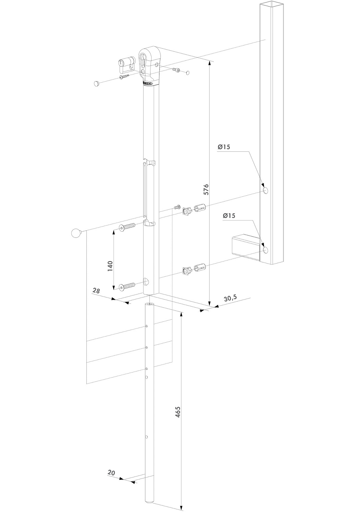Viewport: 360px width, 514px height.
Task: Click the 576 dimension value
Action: pyautogui.click(x=206, y=189)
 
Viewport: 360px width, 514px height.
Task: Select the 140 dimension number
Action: pyautogui.click(x=110, y=266)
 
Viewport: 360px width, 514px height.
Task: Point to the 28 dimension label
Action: pyautogui.click(x=96, y=291)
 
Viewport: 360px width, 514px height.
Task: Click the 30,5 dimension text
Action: pyautogui.click(x=230, y=298)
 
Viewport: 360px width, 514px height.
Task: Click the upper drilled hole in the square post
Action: pyautogui.click(x=265, y=191)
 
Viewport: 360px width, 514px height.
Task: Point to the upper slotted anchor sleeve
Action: pyautogui.click(x=200, y=208)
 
